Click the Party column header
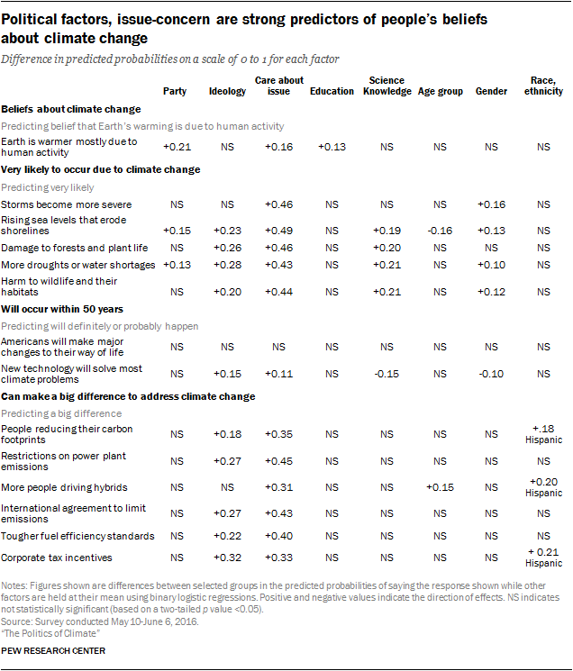tap(175, 91)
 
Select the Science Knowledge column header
tap(387, 86)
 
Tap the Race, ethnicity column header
tap(543, 86)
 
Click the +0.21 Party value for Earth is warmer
tap(177, 147)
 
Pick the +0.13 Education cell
tap(332, 147)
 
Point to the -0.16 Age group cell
tap(440, 231)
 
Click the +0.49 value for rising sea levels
tap(278, 231)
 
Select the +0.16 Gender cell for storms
tap(491, 204)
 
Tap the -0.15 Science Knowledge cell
tap(387, 374)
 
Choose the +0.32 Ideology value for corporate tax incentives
tap(227, 558)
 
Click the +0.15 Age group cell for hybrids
tap(440, 487)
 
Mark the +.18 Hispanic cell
tap(543, 434)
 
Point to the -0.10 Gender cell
tap(491, 374)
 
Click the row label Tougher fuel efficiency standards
tap(77, 536)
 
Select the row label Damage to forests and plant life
tap(75, 248)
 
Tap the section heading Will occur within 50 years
tap(62, 309)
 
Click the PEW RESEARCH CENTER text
tap(53, 651)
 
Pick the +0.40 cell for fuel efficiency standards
tap(278, 536)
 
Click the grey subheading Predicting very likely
tap(48, 187)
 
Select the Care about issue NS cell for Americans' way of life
tap(278, 347)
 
